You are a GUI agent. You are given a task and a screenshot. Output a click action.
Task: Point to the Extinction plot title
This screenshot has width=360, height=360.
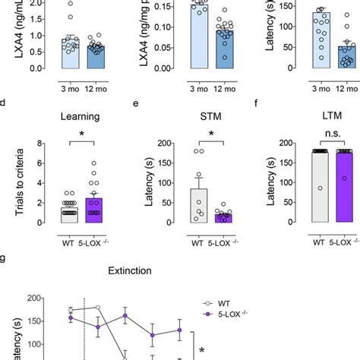pos(133,270)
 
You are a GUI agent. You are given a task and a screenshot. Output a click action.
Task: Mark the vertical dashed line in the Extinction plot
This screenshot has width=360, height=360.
pos(84,327)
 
